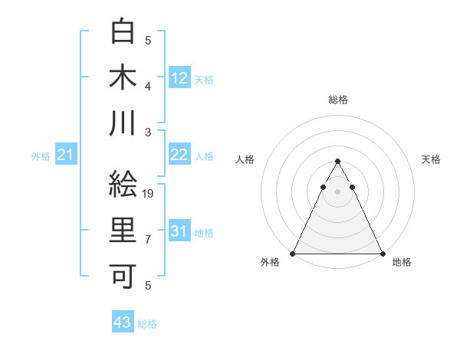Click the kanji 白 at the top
(123, 31)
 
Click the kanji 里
(123, 231)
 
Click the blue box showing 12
(179, 78)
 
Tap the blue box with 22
(179, 155)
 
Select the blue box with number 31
(179, 231)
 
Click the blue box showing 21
(65, 155)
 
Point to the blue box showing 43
(122, 322)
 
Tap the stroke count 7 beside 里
(148, 240)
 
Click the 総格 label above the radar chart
(337, 100)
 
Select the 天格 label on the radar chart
(432, 159)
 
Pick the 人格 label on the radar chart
(245, 159)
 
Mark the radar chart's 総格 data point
(337, 162)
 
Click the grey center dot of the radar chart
(337, 191)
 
